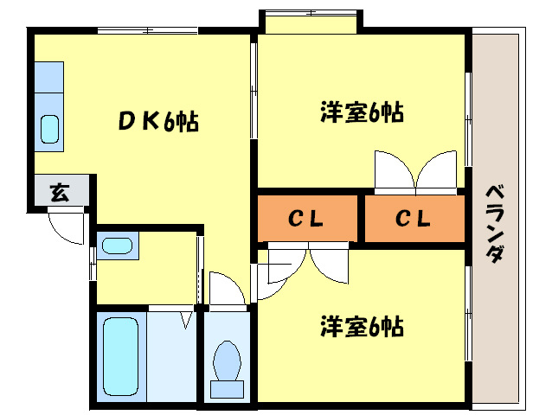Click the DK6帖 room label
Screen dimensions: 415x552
pyautogui.click(x=158, y=122)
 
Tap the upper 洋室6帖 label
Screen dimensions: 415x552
pyautogui.click(x=362, y=112)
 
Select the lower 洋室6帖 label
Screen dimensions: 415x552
pyautogui.click(x=362, y=327)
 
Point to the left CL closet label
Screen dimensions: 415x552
pyautogui.click(x=306, y=220)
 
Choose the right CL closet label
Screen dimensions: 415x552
pyautogui.click(x=414, y=220)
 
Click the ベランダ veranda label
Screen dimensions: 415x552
pyautogui.click(x=496, y=223)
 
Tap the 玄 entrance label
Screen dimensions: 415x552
pyautogui.click(x=59, y=192)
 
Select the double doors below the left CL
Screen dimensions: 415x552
pyautogui.click(x=307, y=261)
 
